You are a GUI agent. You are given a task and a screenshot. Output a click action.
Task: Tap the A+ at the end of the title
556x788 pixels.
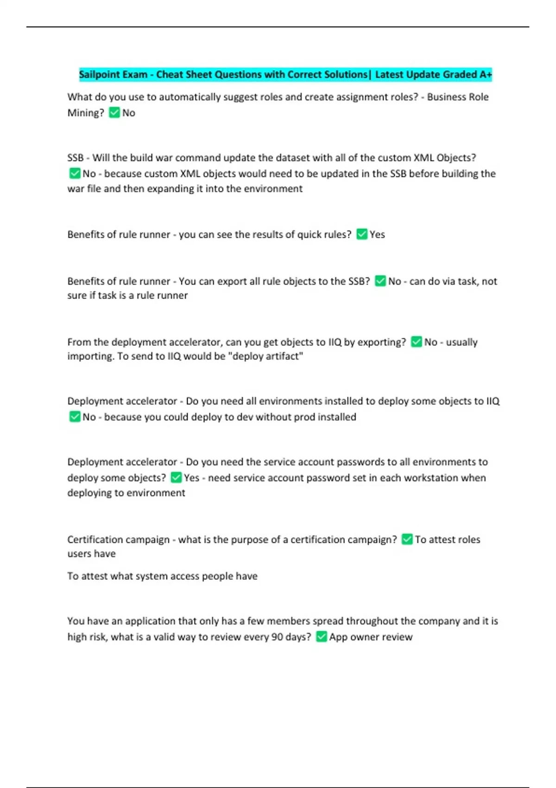(486, 75)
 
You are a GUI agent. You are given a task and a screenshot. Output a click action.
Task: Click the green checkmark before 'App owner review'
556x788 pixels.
(322, 637)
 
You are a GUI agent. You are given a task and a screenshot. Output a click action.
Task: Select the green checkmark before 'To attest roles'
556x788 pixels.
(407, 539)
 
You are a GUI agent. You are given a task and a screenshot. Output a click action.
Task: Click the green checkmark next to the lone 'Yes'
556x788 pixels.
(362, 235)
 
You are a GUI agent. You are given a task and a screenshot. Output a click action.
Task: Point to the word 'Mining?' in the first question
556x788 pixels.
(86, 113)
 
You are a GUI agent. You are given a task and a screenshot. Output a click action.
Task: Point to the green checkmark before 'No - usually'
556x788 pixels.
(417, 342)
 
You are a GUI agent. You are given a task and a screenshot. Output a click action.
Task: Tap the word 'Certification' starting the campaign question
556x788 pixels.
(95, 540)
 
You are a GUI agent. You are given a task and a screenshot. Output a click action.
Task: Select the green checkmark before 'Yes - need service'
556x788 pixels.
(176, 477)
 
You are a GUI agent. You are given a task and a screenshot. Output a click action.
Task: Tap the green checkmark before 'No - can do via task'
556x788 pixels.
(380, 281)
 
